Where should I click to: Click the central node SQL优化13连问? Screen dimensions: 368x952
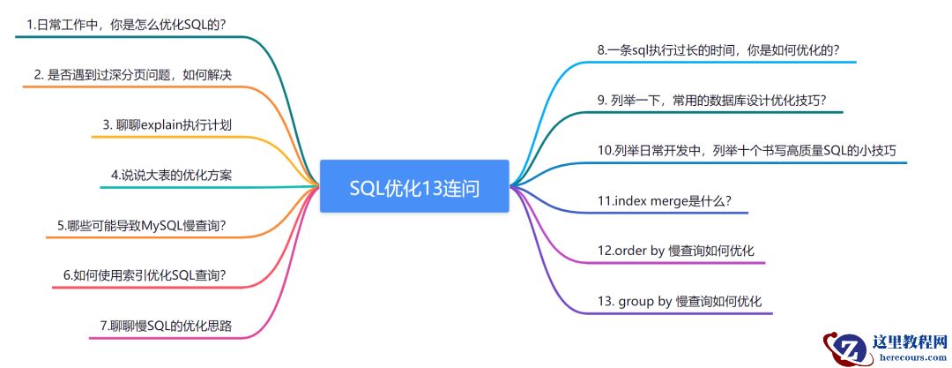click(x=414, y=187)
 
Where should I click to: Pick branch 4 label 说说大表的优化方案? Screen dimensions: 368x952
click(x=172, y=174)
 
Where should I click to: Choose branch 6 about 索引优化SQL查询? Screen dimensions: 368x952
click(x=145, y=274)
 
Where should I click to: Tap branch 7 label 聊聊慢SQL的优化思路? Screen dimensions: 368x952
click(x=167, y=326)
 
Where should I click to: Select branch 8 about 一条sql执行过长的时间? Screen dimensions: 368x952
click(x=718, y=50)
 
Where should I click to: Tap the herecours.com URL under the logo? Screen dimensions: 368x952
click(x=908, y=358)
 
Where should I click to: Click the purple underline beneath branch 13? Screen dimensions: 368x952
click(x=679, y=313)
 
